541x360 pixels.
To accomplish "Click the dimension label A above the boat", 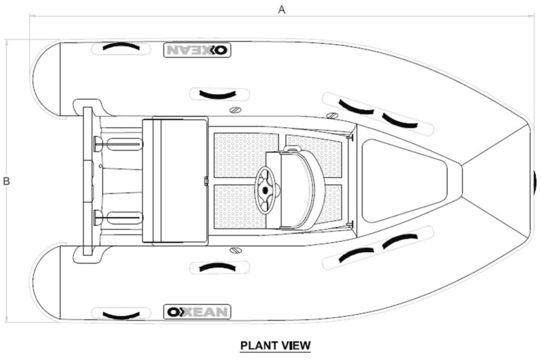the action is pyautogui.click(x=281, y=10).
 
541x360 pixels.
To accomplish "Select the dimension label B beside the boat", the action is pyautogui.click(x=6, y=181).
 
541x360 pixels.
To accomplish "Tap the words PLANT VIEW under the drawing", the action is pyautogui.click(x=275, y=345).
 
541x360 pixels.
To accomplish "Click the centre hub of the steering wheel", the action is pyautogui.click(x=265, y=189).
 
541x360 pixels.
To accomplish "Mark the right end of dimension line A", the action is pyautogui.click(x=534, y=16).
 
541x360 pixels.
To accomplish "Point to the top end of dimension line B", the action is pyautogui.click(x=7, y=40).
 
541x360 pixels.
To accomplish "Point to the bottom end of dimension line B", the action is pyautogui.click(x=7, y=322).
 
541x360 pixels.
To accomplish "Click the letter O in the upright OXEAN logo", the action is pyautogui.click(x=172, y=312).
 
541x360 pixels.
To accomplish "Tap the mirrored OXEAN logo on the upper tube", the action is pyautogui.click(x=197, y=50).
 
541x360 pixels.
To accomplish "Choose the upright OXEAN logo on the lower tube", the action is pyautogui.click(x=197, y=312).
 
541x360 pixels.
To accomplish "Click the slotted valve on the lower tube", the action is pyautogui.click(x=235, y=250).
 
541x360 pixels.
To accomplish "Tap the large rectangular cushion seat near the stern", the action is pyautogui.click(x=175, y=182).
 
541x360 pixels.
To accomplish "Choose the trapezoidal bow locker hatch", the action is pyautogui.click(x=404, y=181).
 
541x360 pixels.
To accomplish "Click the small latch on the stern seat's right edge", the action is pyautogui.click(x=206, y=181).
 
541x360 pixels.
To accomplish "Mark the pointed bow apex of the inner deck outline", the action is pyautogui.click(x=461, y=181).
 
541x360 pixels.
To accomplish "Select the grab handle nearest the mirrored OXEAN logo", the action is pyautogui.click(x=121, y=47).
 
